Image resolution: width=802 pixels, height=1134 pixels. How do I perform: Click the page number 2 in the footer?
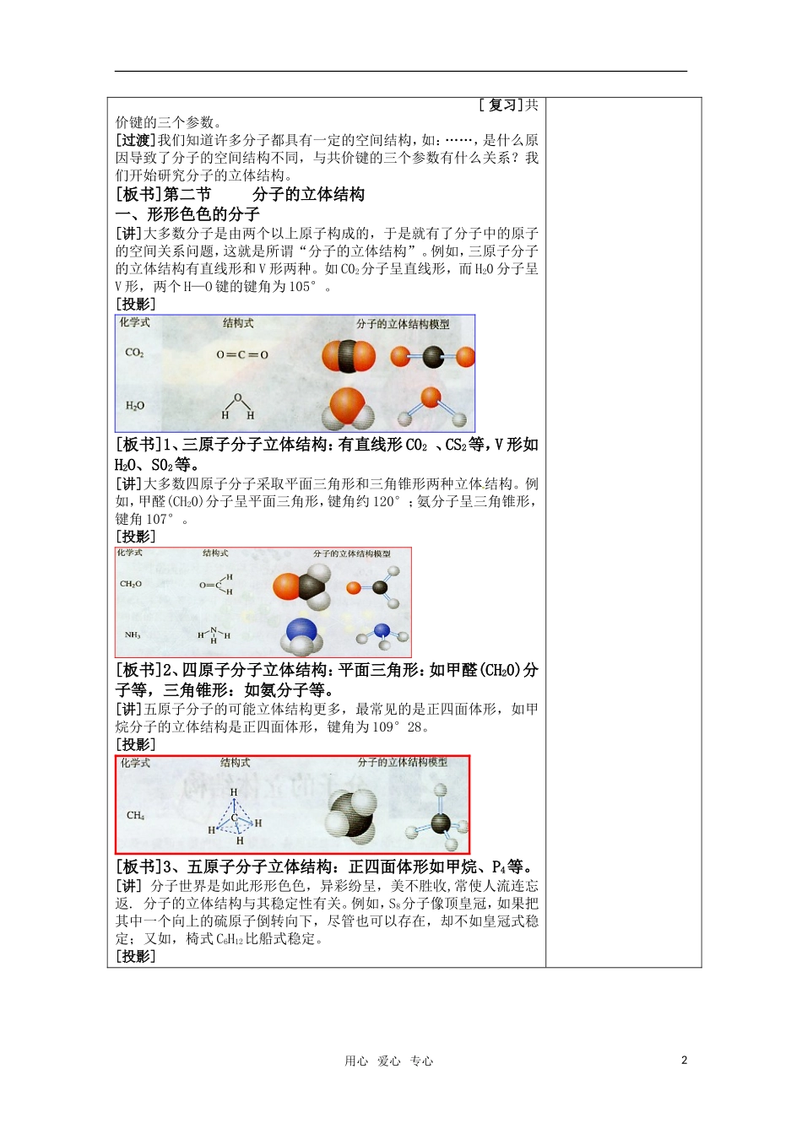pyautogui.click(x=684, y=1061)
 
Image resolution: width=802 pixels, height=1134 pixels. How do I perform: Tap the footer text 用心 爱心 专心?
pyautogui.click(x=388, y=1061)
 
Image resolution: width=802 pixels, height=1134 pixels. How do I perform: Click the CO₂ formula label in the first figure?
pyautogui.click(x=134, y=353)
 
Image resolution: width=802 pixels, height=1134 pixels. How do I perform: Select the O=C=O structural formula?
pyautogui.click(x=242, y=354)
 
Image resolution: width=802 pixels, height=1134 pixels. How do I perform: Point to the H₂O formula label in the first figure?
pyautogui.click(x=135, y=406)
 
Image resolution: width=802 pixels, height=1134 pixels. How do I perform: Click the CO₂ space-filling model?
pyautogui.click(x=348, y=356)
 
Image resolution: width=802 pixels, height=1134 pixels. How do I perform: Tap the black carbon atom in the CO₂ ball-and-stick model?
pyautogui.click(x=432, y=357)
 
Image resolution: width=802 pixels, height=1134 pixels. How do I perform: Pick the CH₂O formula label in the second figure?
pyautogui.click(x=131, y=584)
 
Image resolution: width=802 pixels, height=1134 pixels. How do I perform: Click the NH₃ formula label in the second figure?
pyautogui.click(x=133, y=634)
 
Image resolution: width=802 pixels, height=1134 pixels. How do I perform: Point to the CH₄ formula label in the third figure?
pyautogui.click(x=135, y=815)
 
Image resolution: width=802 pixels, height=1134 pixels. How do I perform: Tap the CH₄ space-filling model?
pyautogui.click(x=351, y=814)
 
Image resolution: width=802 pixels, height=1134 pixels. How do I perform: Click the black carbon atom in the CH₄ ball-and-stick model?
pyautogui.click(x=441, y=822)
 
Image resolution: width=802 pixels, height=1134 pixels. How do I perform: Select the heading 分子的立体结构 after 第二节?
pyautogui.click(x=308, y=195)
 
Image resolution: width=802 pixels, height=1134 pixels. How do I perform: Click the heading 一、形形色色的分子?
pyautogui.click(x=187, y=214)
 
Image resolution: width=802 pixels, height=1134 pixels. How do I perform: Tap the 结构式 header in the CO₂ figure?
pyautogui.click(x=238, y=323)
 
